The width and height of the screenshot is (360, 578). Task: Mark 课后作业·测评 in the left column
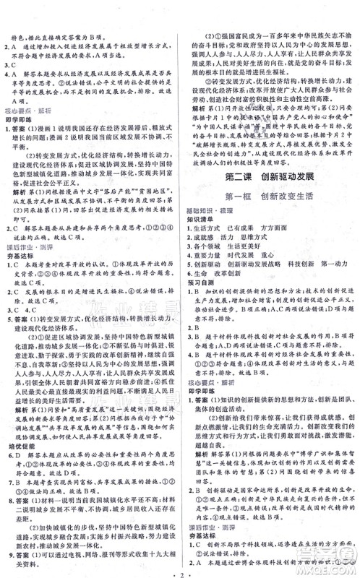(29, 246)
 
